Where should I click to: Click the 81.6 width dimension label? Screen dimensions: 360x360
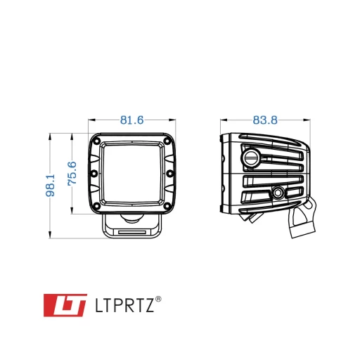[x=131, y=120]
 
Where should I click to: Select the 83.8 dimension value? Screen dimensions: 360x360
[x=265, y=120]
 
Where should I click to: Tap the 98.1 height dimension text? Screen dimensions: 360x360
[x=50, y=185]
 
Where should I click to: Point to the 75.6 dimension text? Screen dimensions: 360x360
[x=72, y=174]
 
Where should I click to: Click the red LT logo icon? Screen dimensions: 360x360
[x=65, y=305]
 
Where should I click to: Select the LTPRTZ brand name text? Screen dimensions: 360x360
[x=124, y=305]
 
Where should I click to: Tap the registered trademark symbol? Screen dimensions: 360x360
[x=158, y=300]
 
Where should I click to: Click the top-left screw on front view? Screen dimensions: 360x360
[x=96, y=141]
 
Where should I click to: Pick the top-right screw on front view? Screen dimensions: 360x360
[x=167, y=141]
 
